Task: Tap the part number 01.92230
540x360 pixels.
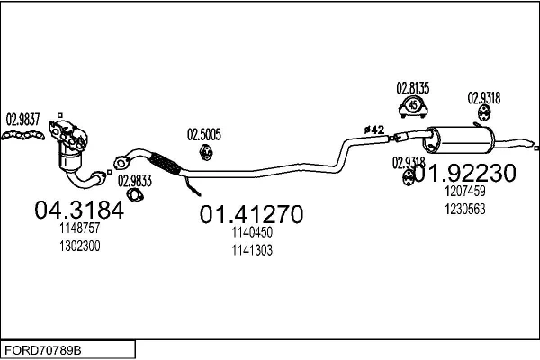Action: pos(467,172)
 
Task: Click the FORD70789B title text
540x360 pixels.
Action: pos(42,347)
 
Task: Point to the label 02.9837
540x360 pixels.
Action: pos(23,118)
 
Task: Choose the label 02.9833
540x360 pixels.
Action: pos(135,179)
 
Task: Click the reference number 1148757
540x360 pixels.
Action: pos(79,229)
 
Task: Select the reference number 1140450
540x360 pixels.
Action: pos(251,232)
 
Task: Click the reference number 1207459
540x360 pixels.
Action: pos(464,191)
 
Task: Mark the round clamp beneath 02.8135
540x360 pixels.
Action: pos(413,107)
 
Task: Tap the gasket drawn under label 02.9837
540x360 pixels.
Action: pos(23,136)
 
